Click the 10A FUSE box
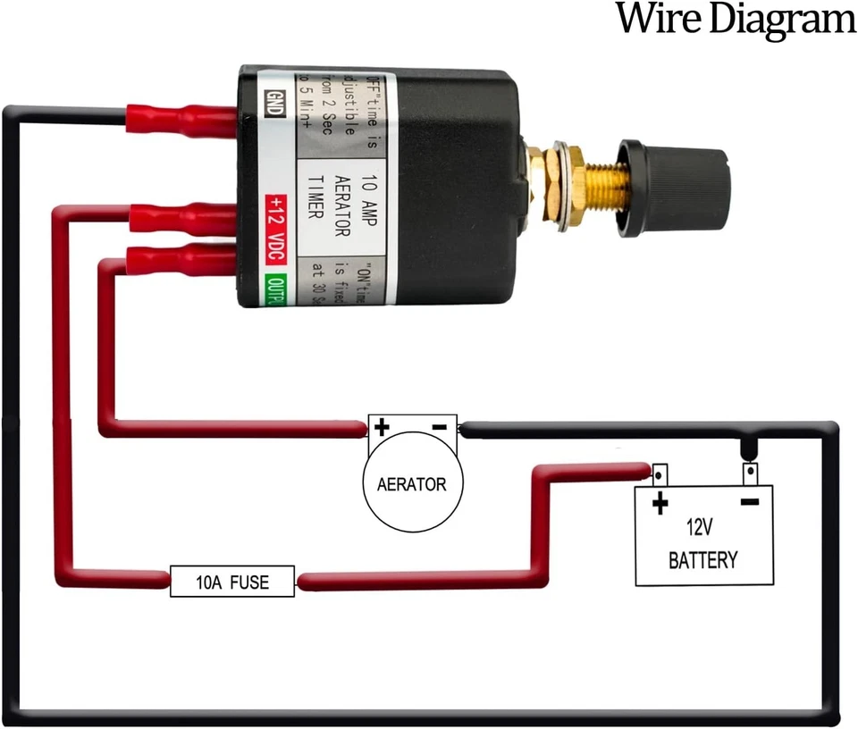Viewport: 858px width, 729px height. tap(232, 582)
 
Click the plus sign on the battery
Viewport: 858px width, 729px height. tap(660, 503)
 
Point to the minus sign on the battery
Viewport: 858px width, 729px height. tap(749, 501)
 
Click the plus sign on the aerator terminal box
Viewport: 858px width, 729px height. tap(382, 426)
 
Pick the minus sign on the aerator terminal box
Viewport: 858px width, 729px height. tap(439, 426)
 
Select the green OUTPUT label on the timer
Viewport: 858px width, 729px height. tap(275, 290)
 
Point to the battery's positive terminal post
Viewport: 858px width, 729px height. tap(660, 473)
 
